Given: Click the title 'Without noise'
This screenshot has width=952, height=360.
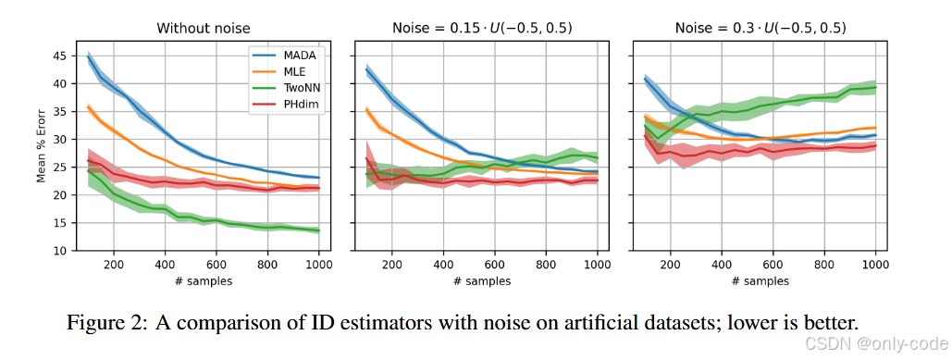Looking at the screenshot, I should tap(203, 28).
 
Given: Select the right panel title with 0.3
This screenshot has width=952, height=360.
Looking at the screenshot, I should tap(757, 28).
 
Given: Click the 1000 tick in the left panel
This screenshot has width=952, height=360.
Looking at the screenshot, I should tap(319, 264).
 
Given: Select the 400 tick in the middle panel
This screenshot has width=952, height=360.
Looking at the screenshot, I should tap(443, 264).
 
